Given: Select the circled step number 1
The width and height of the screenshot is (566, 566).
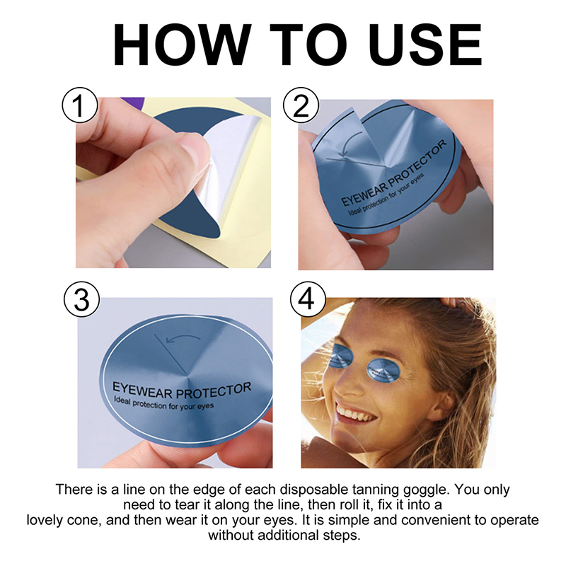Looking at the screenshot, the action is tap(80, 105).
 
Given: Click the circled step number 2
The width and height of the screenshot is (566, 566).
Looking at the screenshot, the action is tap(301, 105).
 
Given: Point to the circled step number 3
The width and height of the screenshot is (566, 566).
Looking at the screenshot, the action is tap(81, 299).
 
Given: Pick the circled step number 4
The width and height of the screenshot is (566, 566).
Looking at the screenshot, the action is tap(307, 299).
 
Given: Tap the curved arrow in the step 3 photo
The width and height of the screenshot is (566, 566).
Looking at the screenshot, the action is tap(183, 339).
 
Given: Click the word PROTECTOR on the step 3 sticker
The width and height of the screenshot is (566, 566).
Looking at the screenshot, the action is tap(214, 391).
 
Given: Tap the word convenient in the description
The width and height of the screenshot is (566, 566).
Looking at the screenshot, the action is tap(440, 520).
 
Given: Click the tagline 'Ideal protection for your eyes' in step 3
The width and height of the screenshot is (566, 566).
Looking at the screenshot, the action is tap(164, 404).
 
